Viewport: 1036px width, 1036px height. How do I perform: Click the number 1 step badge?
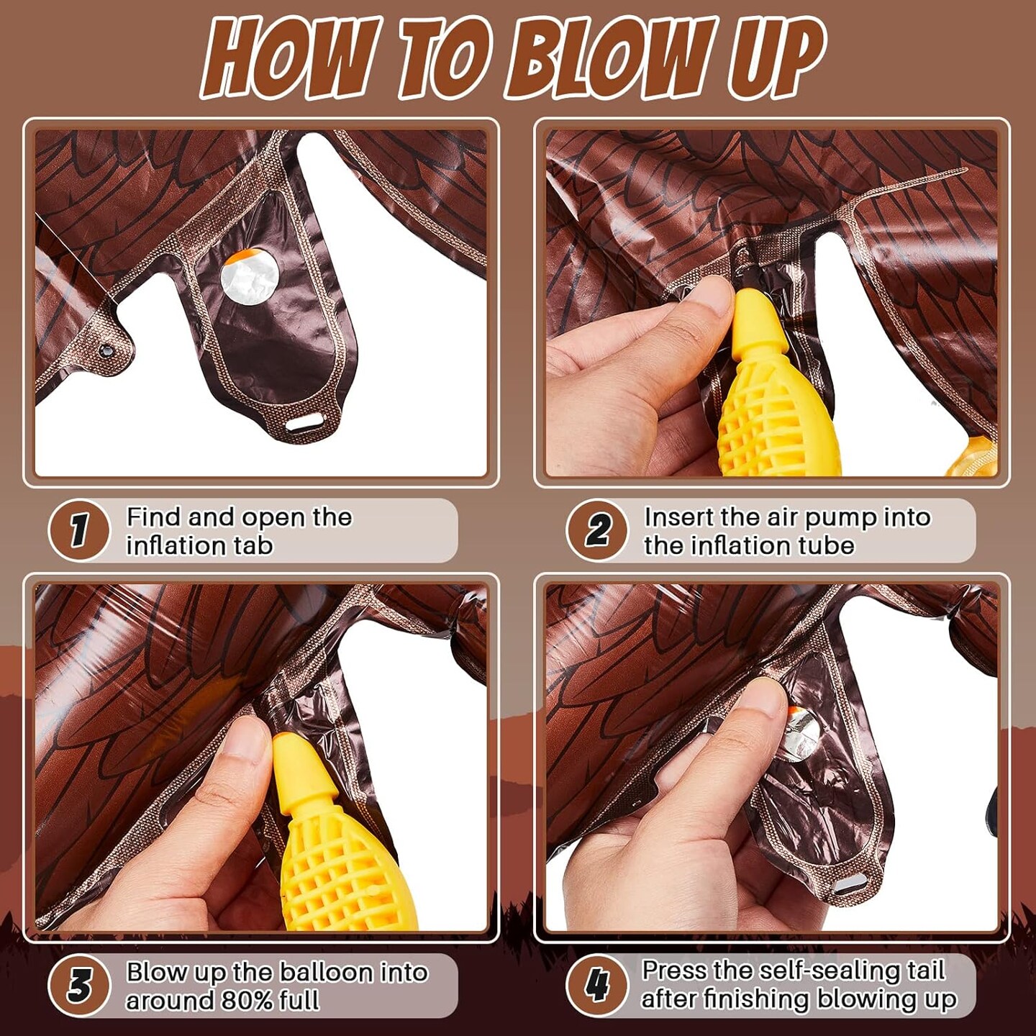78,530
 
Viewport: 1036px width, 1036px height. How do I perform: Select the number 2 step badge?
596,530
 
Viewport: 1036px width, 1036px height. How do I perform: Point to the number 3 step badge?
78,986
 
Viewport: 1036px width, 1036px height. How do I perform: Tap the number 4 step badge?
596,986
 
